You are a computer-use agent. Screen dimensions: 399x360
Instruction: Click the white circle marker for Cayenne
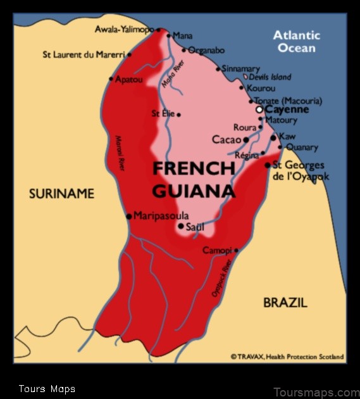[259, 110]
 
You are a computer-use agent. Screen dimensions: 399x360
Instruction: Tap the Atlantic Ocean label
[297, 41]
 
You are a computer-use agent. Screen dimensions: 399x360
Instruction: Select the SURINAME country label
[61, 194]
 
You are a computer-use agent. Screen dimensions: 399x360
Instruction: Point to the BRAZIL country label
[285, 303]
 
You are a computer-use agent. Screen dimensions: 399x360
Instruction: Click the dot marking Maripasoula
[129, 216]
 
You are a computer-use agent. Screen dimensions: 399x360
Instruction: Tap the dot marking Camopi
[236, 250]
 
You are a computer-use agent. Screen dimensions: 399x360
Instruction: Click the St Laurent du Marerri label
[84, 55]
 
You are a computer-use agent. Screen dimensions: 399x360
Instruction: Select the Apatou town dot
[111, 79]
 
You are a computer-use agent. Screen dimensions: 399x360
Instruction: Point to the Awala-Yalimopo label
[124, 29]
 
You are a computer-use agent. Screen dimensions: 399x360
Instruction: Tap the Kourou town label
[262, 89]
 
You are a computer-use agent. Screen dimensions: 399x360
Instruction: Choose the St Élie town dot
[179, 115]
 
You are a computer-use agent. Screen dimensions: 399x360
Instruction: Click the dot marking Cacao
[245, 140]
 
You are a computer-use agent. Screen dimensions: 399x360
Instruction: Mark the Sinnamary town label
[242, 68]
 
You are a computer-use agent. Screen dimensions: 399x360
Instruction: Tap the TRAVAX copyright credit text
[287, 357]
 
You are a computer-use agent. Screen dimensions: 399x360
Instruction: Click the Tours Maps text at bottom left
[47, 389]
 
